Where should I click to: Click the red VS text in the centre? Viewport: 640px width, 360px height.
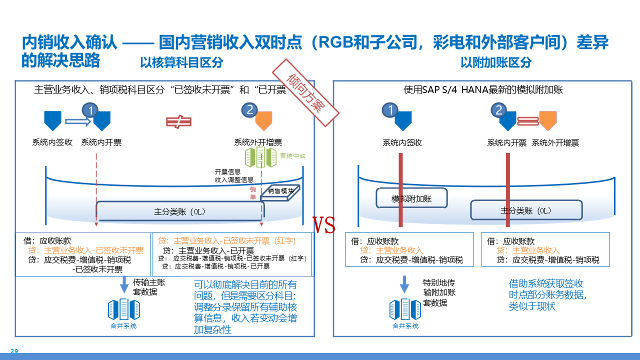[x=323, y=225]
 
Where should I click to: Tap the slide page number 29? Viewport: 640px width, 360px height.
[x=14, y=351]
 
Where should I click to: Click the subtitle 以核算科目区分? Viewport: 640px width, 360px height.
[x=181, y=62]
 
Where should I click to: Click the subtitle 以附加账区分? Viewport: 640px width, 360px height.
[x=496, y=62]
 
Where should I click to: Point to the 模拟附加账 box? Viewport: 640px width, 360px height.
[x=411, y=198]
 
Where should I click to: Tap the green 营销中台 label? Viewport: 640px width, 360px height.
[x=292, y=156]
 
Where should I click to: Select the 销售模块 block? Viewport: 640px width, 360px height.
[x=281, y=193]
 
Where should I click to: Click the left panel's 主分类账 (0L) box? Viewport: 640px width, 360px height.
[x=180, y=211]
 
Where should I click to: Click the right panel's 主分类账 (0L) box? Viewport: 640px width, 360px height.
[x=526, y=210]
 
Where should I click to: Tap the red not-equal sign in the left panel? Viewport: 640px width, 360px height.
[x=178, y=121]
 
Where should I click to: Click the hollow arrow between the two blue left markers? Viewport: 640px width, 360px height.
[x=76, y=120]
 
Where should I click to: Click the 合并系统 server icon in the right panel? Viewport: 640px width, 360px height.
[x=405, y=310]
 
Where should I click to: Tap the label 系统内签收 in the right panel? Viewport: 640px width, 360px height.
[x=402, y=143]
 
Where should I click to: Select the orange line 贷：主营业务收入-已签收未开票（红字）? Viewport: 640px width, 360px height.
[x=227, y=240]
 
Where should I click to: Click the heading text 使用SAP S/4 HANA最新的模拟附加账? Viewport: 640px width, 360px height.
[x=483, y=90]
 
